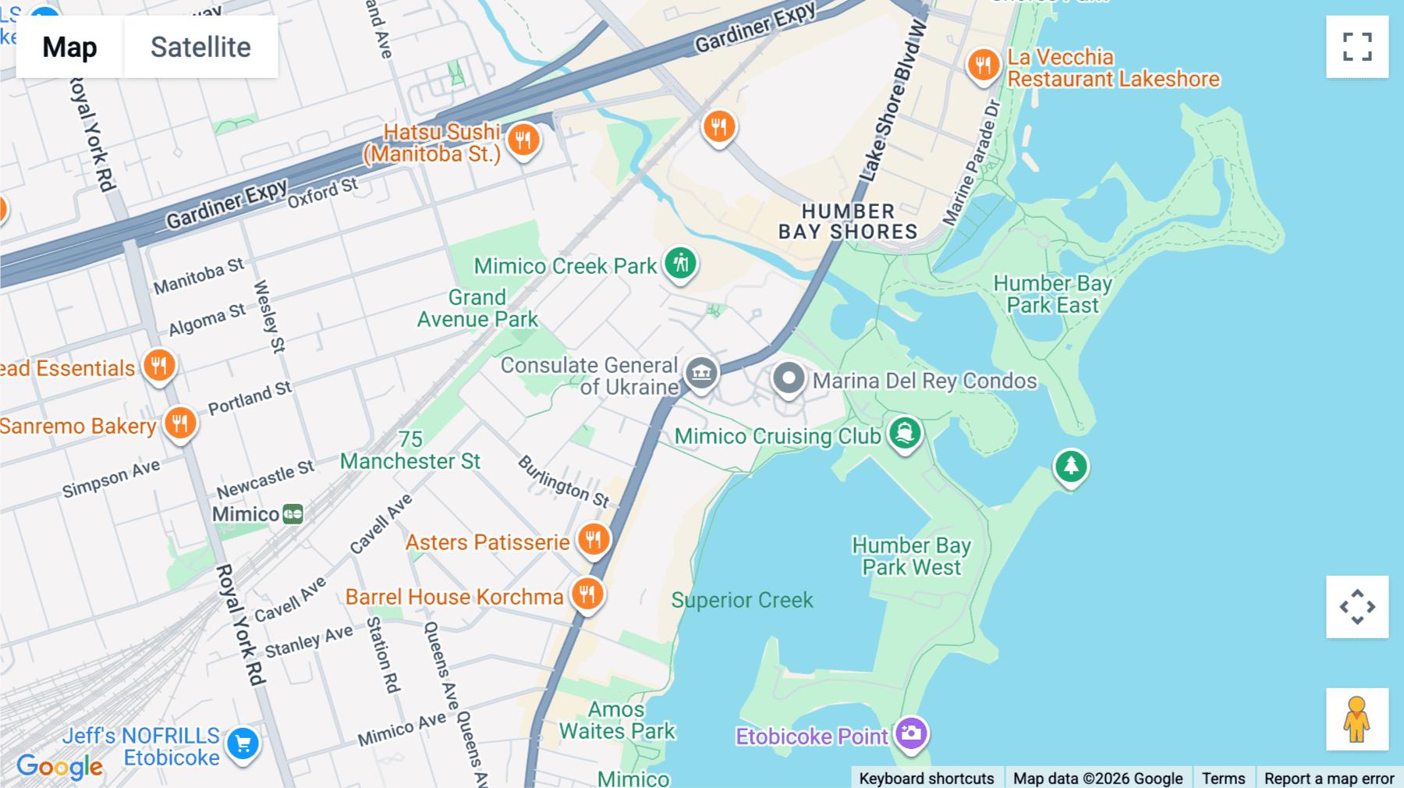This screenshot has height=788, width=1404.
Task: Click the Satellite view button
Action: coord(200,47)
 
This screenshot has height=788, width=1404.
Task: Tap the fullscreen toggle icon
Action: coord(1357,47)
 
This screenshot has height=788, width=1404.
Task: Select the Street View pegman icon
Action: coord(1356,719)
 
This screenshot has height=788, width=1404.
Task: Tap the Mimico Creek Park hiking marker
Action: coord(681,264)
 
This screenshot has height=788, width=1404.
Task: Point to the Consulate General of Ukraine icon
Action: coord(701,374)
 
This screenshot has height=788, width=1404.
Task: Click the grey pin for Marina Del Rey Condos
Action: coord(789,379)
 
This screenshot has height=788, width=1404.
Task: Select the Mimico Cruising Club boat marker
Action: coord(905,434)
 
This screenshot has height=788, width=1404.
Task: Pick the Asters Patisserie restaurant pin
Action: coord(594,539)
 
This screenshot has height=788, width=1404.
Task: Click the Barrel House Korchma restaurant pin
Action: coord(587,595)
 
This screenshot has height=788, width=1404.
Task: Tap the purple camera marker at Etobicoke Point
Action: coord(911,733)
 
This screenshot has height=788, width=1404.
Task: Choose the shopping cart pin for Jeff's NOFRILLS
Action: coord(243,744)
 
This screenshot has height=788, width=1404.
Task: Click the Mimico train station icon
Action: coord(292,514)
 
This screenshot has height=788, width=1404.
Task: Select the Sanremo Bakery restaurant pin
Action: coord(180,424)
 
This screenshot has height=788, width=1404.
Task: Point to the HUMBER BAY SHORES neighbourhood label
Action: coord(848,222)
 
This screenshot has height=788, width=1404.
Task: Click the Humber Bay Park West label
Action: coord(911,556)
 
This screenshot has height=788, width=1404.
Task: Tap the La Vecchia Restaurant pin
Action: coord(983,66)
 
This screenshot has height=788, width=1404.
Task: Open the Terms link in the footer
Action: coord(1223,778)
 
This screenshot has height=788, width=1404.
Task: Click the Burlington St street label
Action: coord(564,481)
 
